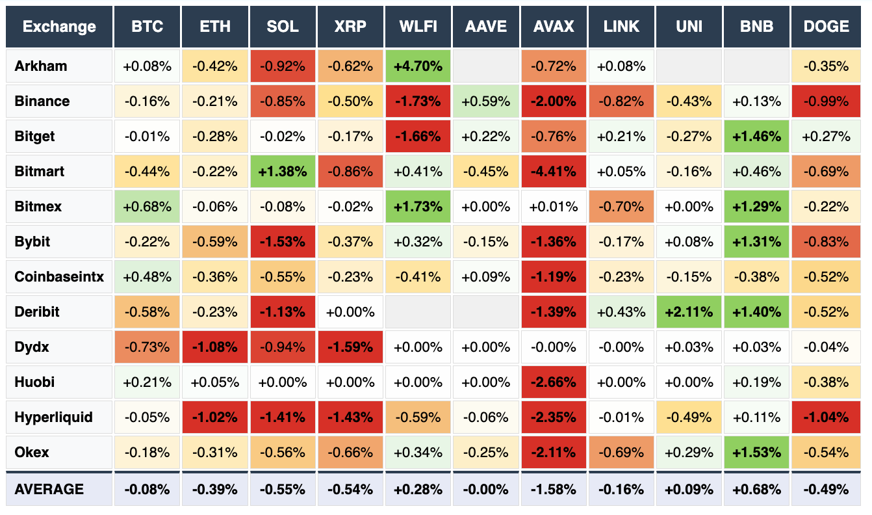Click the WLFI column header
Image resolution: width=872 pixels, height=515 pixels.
click(x=418, y=27)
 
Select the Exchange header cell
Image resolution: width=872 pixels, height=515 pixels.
click(x=59, y=27)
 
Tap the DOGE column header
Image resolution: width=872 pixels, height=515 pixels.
click(x=826, y=27)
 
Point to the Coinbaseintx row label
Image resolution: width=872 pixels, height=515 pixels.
click(x=59, y=276)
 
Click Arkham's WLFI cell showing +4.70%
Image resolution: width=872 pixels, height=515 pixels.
click(x=418, y=66)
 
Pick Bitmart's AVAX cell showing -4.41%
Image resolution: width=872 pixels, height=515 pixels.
click(x=554, y=172)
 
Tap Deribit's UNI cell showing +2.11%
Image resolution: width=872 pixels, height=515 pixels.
click(x=689, y=311)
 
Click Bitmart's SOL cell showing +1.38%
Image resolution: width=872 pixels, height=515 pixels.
click(x=283, y=172)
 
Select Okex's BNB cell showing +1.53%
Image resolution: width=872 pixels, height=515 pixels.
click(x=756, y=452)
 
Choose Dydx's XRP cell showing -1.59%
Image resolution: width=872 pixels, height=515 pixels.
click(x=350, y=347)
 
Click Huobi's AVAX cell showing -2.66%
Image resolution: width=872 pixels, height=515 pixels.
click(x=554, y=382)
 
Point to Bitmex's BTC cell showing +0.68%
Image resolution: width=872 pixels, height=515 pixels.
click(x=147, y=206)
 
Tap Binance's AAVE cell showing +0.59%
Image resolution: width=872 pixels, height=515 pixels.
click(x=486, y=101)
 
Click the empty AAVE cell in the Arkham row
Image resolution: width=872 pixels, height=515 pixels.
click(x=486, y=66)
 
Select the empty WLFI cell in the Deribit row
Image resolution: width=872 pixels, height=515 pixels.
click(x=418, y=311)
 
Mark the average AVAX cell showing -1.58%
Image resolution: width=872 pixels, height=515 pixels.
click(x=554, y=489)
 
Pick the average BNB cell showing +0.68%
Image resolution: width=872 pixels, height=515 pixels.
click(x=756, y=489)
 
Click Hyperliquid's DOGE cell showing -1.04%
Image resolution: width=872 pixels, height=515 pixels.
click(x=826, y=417)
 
